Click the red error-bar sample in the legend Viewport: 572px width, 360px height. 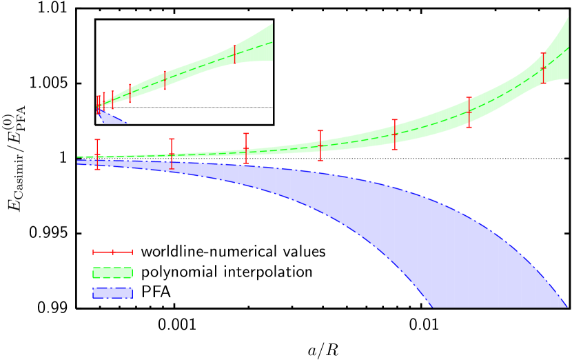tap(112, 252)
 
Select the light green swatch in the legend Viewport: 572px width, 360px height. tap(112, 272)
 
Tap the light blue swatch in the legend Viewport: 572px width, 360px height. tap(112, 293)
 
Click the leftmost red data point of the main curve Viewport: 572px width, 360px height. tap(97, 154)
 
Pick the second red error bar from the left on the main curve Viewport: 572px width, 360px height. tap(172, 154)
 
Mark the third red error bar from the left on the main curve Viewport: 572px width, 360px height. tap(246, 148)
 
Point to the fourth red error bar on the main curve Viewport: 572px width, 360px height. tap(320, 146)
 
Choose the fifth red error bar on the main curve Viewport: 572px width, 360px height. tap(395, 134)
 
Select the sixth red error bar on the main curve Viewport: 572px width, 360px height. tap(469, 112)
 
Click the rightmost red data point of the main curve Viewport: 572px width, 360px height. tap(544, 68)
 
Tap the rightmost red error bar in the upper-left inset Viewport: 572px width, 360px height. tap(235, 54)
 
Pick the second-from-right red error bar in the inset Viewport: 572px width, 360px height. tap(165, 80)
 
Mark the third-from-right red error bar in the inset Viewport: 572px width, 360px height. tap(130, 93)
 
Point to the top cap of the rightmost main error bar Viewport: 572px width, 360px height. tap(544, 53)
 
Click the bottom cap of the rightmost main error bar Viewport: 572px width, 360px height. tap(544, 83)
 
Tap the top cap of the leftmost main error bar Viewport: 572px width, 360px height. tap(97, 140)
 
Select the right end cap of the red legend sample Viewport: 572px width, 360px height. tap(132, 252)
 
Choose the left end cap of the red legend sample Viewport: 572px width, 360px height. tap(93, 252)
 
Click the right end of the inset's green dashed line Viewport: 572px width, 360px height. tap(272, 41)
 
